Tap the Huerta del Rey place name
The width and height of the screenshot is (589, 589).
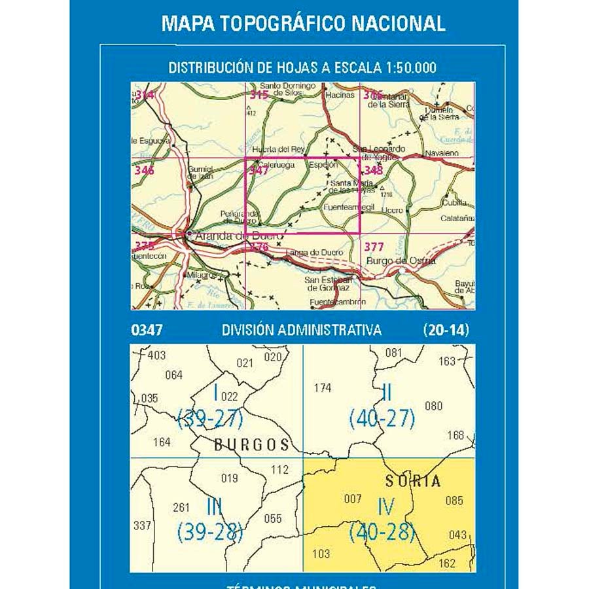tap(279, 149)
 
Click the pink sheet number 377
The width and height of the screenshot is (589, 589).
tap(374, 247)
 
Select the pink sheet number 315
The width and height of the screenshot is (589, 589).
tap(259, 96)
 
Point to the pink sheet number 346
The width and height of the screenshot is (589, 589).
tap(144, 171)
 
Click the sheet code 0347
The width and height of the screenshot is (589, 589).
tap(147, 330)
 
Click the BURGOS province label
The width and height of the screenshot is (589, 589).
tap(251, 445)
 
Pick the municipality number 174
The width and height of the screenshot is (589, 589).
tap(323, 388)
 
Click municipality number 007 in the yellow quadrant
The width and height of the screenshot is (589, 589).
tap(353, 499)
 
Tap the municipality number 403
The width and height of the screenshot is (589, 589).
tap(157, 355)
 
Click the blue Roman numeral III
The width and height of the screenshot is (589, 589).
tap(213, 507)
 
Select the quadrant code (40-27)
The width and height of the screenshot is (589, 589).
tap(382, 418)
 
